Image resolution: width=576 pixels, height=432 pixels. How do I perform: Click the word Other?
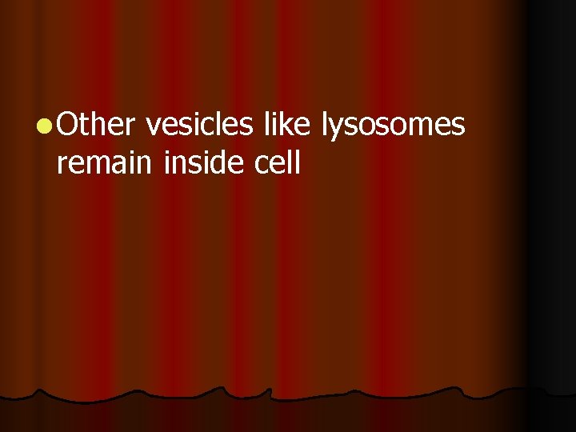98,124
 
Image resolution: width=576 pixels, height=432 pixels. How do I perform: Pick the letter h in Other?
98,124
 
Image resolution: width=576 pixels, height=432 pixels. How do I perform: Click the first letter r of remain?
62,165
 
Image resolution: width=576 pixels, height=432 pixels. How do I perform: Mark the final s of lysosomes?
458,126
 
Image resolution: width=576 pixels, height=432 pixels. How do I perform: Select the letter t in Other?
84,124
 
